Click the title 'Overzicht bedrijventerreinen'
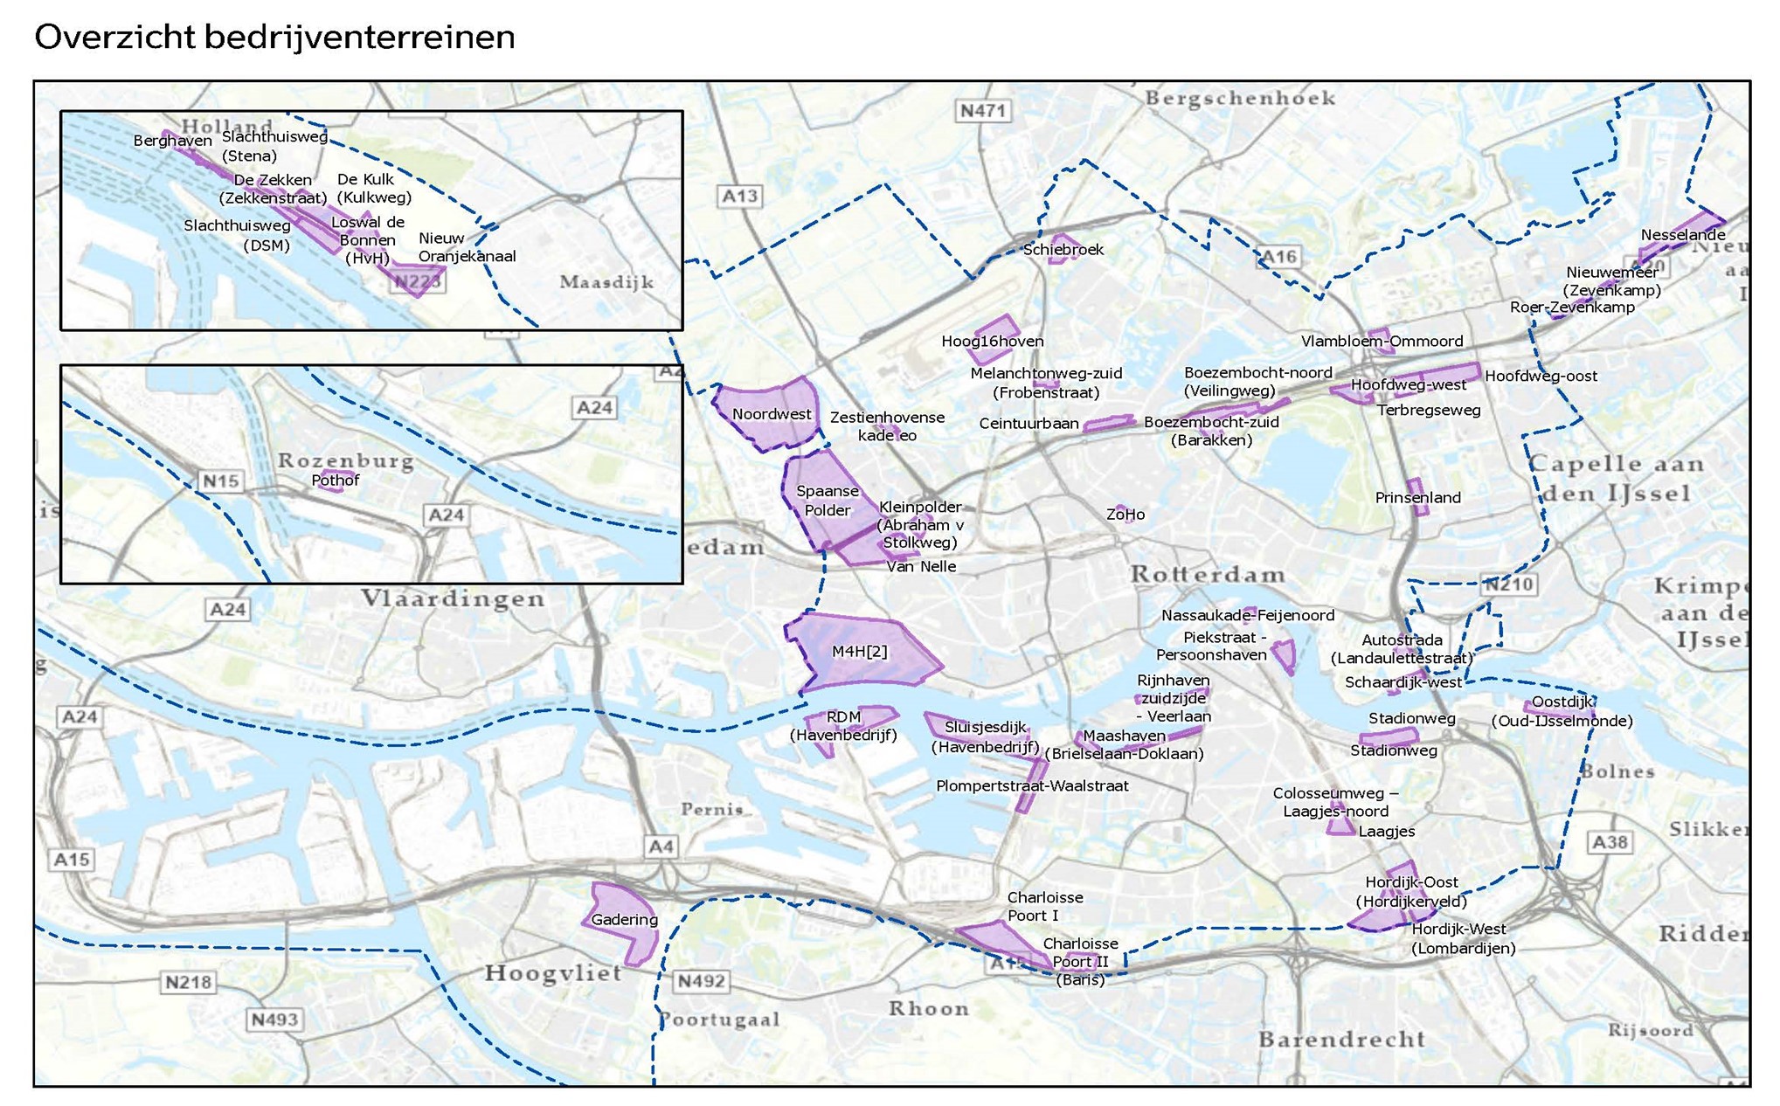[x=274, y=37]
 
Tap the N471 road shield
[x=983, y=111]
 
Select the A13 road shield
[x=739, y=196]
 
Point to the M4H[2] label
[x=859, y=651]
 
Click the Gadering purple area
[x=623, y=919]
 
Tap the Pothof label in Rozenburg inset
[x=335, y=480]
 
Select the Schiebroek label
[x=1063, y=250]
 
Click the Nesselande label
[x=1682, y=235]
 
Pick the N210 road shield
[x=1508, y=584]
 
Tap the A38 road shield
[x=1609, y=841]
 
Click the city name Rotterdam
[x=1207, y=575]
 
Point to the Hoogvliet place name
[x=553, y=972]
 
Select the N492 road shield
[x=701, y=980]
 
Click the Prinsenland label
[x=1416, y=498]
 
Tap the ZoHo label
[x=1125, y=515]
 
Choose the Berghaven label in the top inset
[x=172, y=141]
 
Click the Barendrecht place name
[x=1341, y=1040]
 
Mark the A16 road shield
[x=1278, y=256]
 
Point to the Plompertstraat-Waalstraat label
[x=1031, y=785]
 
